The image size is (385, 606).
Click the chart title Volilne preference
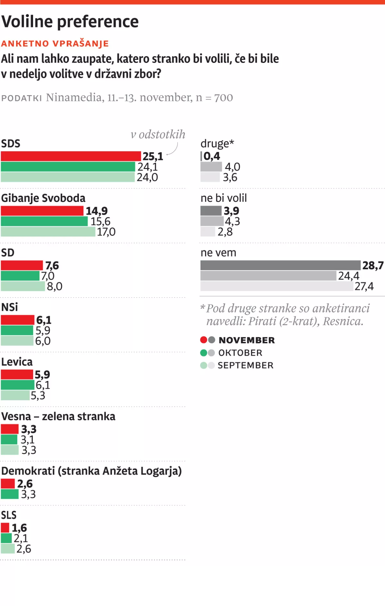(x=70, y=22)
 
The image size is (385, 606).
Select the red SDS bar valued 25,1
(x=71, y=156)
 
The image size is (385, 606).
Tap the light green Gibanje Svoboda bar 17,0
(x=48, y=232)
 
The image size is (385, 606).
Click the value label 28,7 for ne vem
(x=373, y=265)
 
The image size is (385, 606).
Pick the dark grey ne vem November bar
(x=280, y=265)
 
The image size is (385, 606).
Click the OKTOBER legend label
(x=240, y=353)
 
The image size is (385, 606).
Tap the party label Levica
(x=17, y=362)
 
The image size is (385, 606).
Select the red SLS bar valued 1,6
(x=5, y=528)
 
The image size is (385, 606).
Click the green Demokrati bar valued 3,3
(x=10, y=494)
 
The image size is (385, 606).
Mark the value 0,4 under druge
(x=212, y=156)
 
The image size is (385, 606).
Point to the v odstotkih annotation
(x=158, y=134)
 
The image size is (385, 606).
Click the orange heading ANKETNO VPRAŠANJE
(x=55, y=43)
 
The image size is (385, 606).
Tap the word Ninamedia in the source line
(x=73, y=97)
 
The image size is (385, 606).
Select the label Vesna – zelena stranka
(x=58, y=416)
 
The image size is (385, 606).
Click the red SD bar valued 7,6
(x=21, y=265)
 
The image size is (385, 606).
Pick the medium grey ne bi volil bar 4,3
(x=212, y=221)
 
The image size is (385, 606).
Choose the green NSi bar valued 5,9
(x=17, y=330)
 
